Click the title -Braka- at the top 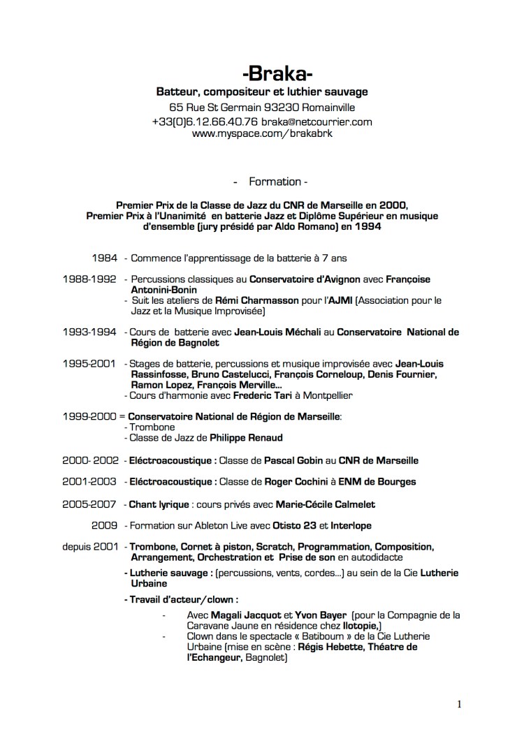[x=277, y=73]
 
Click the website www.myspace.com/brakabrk [x=262, y=133]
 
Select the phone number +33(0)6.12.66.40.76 [x=210, y=122]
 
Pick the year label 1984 [x=104, y=257]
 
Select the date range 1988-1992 [x=89, y=279]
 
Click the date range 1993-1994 [x=89, y=332]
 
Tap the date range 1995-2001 [x=89, y=364]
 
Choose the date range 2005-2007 [x=89, y=504]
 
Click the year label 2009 [x=104, y=525]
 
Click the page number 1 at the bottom [x=459, y=703]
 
